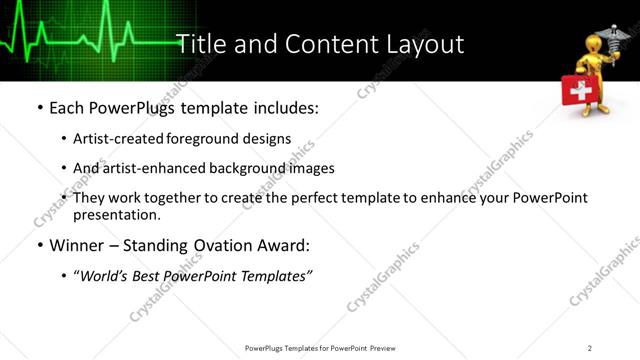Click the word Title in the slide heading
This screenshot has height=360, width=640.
point(200,45)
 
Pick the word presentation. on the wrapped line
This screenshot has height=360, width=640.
point(116,214)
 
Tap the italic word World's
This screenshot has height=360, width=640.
point(105,276)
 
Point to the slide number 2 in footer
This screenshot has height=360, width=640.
point(589,348)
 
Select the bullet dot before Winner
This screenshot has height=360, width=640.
point(39,245)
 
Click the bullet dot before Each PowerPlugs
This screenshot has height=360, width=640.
point(39,106)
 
